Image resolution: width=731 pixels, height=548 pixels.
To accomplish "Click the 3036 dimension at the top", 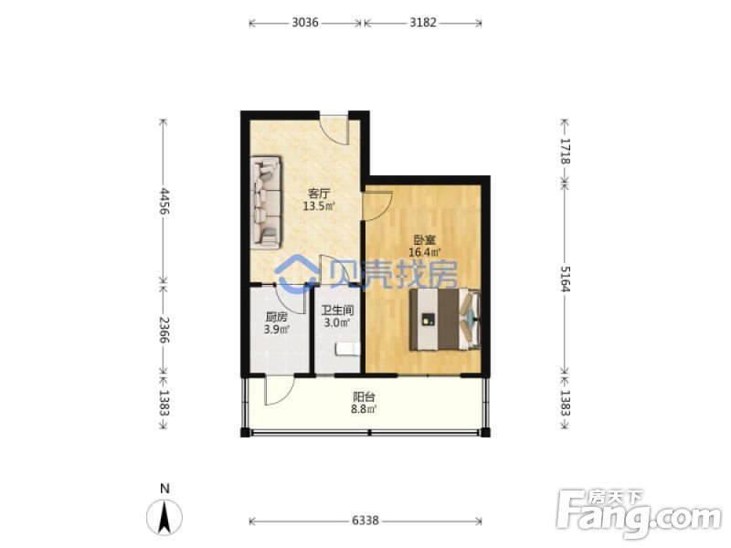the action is click(305, 22).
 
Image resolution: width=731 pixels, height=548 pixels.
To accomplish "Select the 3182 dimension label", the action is click(423, 22).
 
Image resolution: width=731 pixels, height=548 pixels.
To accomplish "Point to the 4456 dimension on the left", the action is click(164, 201).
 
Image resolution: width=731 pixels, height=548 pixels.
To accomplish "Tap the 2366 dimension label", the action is click(164, 330).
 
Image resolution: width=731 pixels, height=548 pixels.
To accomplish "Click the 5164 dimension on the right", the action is click(565, 279).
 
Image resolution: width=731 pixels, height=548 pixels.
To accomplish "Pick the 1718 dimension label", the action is click(565, 151).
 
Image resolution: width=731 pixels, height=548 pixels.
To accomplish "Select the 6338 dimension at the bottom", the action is click(365, 521).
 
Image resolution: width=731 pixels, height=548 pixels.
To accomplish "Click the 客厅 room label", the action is click(319, 194).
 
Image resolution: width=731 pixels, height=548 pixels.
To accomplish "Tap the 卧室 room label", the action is click(425, 240).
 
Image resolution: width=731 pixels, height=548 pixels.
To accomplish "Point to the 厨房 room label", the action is click(276, 317).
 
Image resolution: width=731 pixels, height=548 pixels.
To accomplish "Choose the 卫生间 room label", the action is click(337, 310).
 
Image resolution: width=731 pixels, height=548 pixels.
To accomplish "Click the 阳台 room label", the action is click(364, 397).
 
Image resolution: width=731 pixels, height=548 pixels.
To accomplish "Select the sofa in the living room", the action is click(266, 201).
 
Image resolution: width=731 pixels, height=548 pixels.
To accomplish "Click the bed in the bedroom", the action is click(445, 319).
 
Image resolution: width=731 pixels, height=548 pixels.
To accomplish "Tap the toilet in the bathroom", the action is click(348, 349).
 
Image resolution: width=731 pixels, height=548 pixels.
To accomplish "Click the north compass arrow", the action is click(164, 516).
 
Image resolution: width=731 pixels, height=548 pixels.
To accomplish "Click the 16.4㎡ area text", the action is click(425, 253).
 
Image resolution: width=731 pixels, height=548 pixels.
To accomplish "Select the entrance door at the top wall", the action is click(334, 129).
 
